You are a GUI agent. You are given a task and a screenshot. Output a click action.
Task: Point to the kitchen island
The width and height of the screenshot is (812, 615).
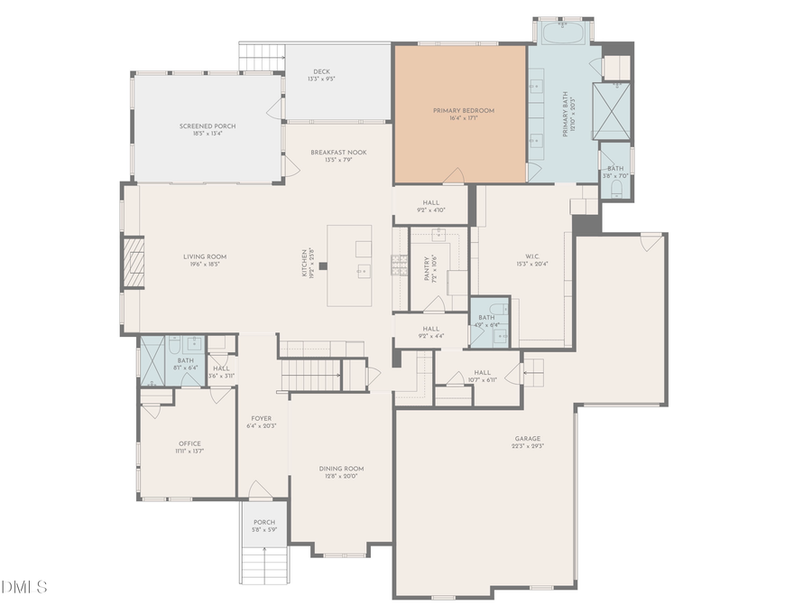pos(349,266)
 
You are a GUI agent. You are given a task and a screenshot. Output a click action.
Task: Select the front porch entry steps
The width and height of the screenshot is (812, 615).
pos(263,564)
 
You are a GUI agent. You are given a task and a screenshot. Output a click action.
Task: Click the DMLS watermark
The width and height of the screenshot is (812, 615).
pos(24,588)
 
